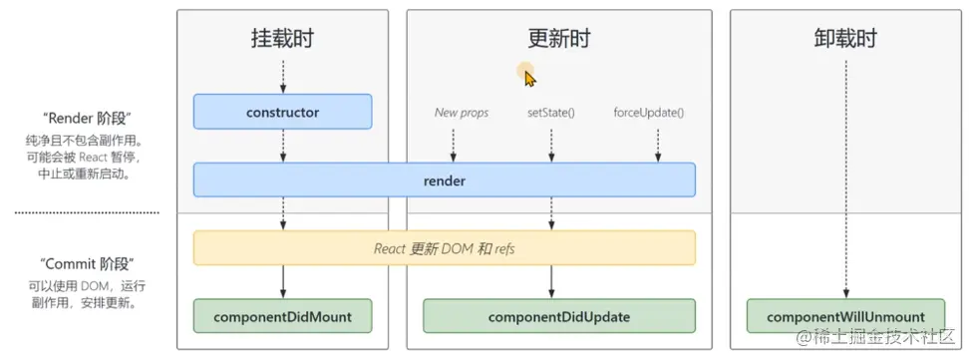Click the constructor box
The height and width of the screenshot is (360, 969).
tap(282, 113)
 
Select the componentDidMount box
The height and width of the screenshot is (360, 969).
tap(282, 317)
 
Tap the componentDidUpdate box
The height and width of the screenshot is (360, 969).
tap(558, 317)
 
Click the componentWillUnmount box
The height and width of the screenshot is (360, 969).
tap(845, 317)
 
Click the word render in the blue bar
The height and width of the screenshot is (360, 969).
tap(444, 181)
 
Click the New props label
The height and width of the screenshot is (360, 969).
tap(461, 113)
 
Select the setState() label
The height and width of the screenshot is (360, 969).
tap(550, 113)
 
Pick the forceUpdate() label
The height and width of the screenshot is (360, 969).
tap(649, 113)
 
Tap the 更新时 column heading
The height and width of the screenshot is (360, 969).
tap(558, 39)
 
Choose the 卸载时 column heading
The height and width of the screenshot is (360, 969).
tap(845, 39)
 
